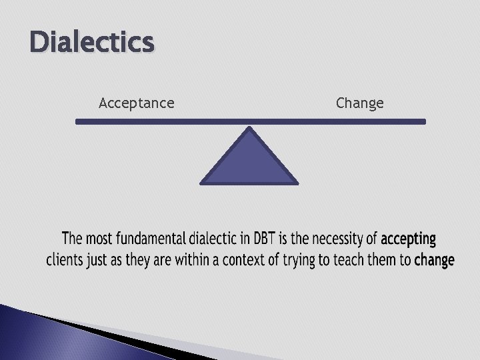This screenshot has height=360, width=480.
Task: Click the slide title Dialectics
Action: click(x=92, y=43)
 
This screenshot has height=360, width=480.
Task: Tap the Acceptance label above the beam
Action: click(x=136, y=103)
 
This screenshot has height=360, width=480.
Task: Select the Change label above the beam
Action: click(x=359, y=103)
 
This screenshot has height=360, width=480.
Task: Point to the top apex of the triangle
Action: click(x=249, y=129)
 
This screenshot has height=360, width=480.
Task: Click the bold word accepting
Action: click(x=408, y=239)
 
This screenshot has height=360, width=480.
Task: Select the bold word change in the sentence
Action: click(x=434, y=260)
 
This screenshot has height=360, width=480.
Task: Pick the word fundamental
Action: click(x=151, y=239)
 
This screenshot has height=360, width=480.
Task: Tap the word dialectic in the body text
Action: click(x=215, y=239)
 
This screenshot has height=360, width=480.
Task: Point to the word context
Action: click(x=244, y=260)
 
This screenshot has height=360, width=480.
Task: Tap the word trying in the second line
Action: click(x=298, y=260)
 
